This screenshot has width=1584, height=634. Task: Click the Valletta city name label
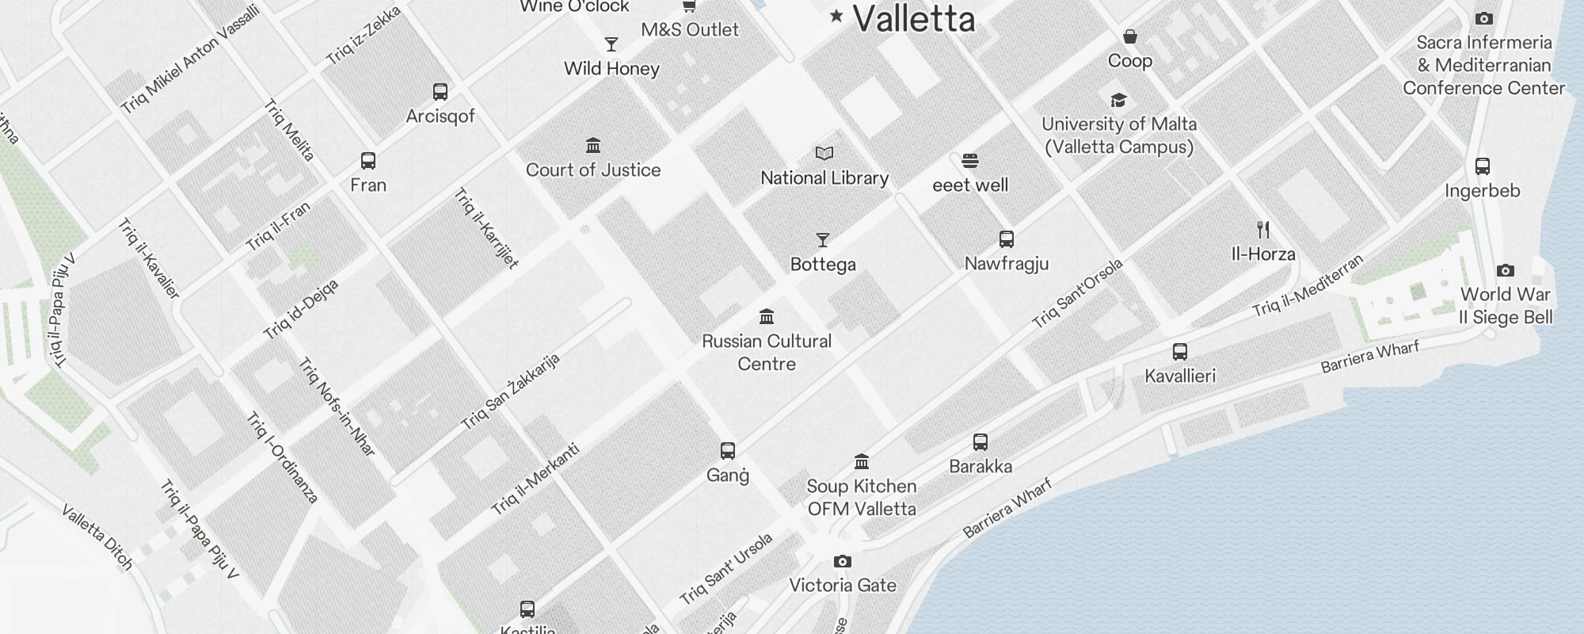pyautogui.click(x=914, y=19)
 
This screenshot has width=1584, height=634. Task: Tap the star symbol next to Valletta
pyautogui.click(x=836, y=15)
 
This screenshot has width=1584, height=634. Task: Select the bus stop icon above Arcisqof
pyautogui.click(x=440, y=92)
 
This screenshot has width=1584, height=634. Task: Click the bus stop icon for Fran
pyautogui.click(x=368, y=161)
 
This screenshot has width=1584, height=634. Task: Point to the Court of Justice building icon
pyautogui.click(x=593, y=146)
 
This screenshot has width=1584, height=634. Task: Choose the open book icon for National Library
pyautogui.click(x=824, y=154)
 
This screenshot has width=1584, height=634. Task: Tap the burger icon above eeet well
pyautogui.click(x=970, y=161)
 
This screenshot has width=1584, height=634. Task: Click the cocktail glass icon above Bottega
pyautogui.click(x=823, y=240)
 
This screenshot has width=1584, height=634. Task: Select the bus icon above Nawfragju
pyautogui.click(x=1007, y=239)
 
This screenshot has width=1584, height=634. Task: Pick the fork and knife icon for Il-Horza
pyautogui.click(x=1263, y=230)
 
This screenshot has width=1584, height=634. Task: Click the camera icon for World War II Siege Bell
pyautogui.click(x=1506, y=270)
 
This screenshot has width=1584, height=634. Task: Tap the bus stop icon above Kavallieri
pyautogui.click(x=1180, y=352)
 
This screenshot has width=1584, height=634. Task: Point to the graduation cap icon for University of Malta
pyautogui.click(x=1118, y=100)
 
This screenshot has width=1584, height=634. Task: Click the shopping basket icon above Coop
pyautogui.click(x=1130, y=37)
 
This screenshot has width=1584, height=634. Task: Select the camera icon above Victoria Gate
pyautogui.click(x=843, y=562)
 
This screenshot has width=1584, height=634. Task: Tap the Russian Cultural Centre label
pyautogui.click(x=767, y=353)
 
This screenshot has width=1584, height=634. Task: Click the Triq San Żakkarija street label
pyautogui.click(x=510, y=392)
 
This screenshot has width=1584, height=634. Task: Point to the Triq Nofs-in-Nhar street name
pyautogui.click(x=337, y=407)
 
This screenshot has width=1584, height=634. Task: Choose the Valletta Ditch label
pyautogui.click(x=97, y=537)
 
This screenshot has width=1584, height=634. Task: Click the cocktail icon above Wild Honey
pyautogui.click(x=611, y=44)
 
